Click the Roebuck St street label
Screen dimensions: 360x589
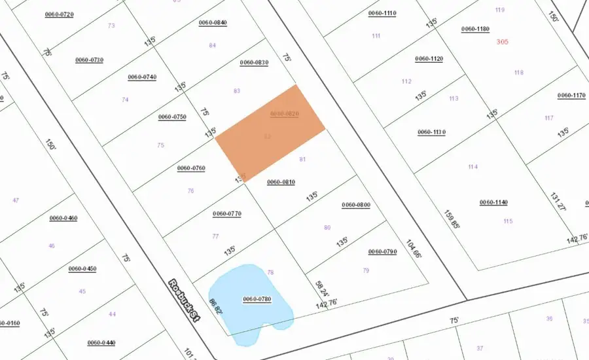(183, 301)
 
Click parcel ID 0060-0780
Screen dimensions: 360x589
(257, 299)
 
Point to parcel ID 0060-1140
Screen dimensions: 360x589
(493, 202)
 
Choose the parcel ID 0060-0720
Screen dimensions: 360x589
(59, 14)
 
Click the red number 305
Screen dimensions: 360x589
(503, 41)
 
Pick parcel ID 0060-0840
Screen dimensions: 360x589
(213, 23)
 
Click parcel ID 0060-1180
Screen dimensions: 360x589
(475, 29)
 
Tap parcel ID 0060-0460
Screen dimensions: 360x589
(63, 218)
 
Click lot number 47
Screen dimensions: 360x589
(16, 200)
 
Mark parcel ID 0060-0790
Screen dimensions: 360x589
(383, 252)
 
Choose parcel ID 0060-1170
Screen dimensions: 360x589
(571, 96)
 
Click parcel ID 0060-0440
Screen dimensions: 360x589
(101, 342)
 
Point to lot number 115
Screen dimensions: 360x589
(508, 221)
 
